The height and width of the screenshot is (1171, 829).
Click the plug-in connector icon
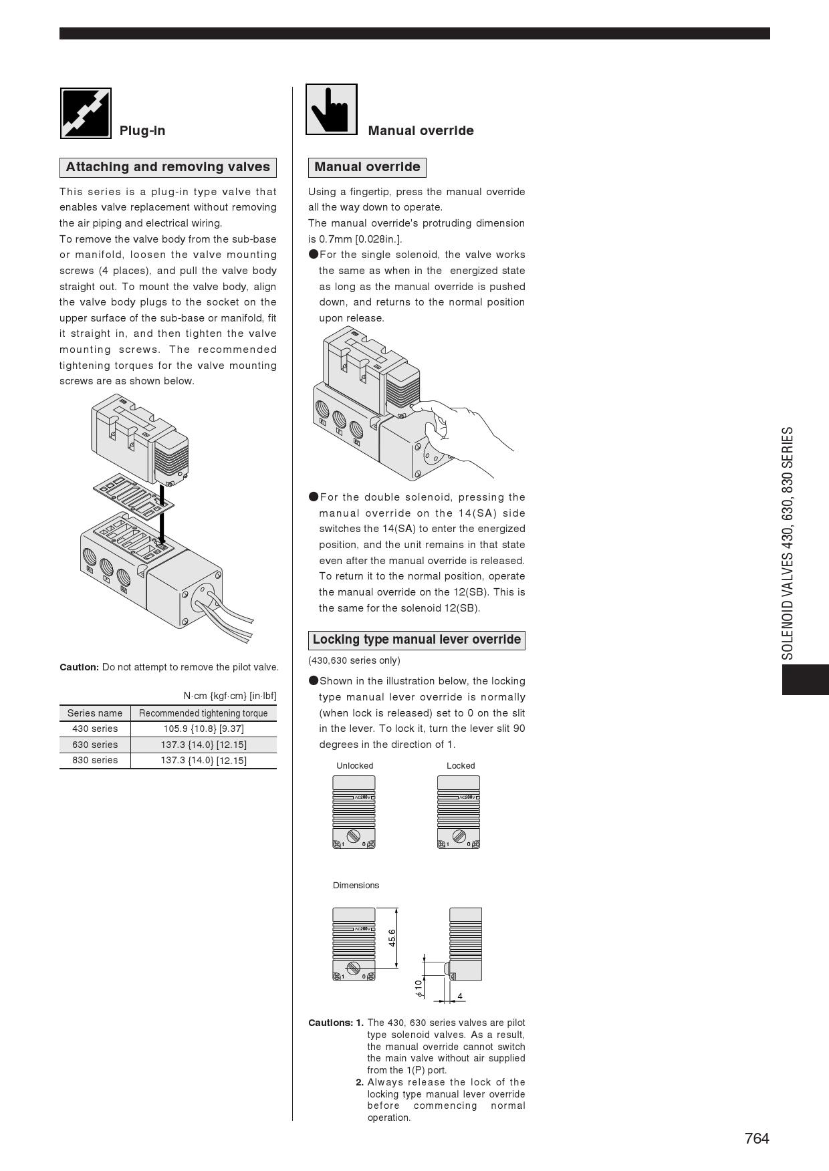click(x=86, y=113)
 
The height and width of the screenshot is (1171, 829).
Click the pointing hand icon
click(x=332, y=109)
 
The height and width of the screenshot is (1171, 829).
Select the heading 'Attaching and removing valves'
click(x=168, y=167)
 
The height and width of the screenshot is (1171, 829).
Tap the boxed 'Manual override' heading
click(x=367, y=167)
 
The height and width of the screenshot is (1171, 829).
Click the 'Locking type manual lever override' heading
click(x=417, y=640)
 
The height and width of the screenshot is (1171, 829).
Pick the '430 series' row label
click(x=95, y=729)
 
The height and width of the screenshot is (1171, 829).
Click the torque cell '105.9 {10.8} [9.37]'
click(x=203, y=729)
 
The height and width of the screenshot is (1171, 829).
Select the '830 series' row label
click(x=95, y=760)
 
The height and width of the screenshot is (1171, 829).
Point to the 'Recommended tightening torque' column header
click(x=203, y=713)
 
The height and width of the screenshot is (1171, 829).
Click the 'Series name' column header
click(x=95, y=713)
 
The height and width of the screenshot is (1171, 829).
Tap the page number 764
click(x=757, y=1138)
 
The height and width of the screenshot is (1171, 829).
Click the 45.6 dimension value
click(x=392, y=937)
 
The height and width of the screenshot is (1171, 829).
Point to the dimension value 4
click(x=460, y=997)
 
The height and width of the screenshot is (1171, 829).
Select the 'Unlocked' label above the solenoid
click(x=355, y=766)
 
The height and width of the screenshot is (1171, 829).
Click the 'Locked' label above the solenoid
click(x=461, y=766)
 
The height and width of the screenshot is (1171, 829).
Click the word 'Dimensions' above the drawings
click(x=356, y=886)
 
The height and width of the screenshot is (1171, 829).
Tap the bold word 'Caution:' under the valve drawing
click(x=80, y=667)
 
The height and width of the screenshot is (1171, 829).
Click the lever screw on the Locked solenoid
click(x=459, y=836)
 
